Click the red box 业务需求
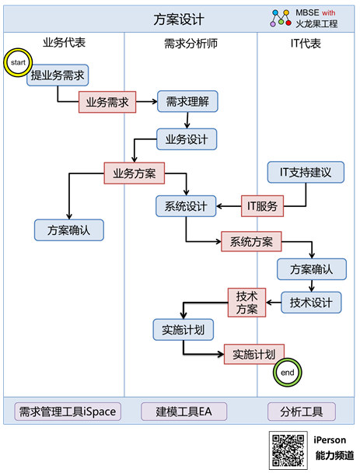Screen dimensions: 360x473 click(107, 102)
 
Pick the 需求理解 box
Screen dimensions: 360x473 click(187, 101)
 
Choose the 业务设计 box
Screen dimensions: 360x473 click(187, 139)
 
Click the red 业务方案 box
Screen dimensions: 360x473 click(135, 173)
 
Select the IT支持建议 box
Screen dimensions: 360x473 click(306, 172)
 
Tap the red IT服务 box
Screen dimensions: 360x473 click(262, 206)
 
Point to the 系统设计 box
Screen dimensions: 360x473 click(186, 206)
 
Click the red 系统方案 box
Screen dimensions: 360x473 click(251, 241)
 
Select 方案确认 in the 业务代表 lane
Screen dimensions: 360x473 click(69, 229)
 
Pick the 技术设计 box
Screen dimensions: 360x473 click(312, 303)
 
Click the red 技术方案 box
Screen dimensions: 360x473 click(247, 303)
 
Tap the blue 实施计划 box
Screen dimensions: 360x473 click(183, 330)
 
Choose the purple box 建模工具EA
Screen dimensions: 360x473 click(184, 412)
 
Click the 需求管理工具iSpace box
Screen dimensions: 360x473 click(68, 412)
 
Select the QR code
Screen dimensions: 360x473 click(288, 450)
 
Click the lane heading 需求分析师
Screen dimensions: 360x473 click(190, 44)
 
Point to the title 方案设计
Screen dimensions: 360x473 click(179, 19)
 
